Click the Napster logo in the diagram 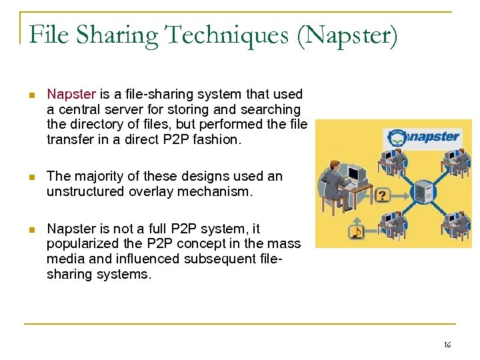click(x=424, y=138)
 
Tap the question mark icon click(x=382, y=195)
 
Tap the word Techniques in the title click(x=221, y=35)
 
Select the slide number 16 click(x=447, y=345)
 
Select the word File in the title click(x=48, y=35)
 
